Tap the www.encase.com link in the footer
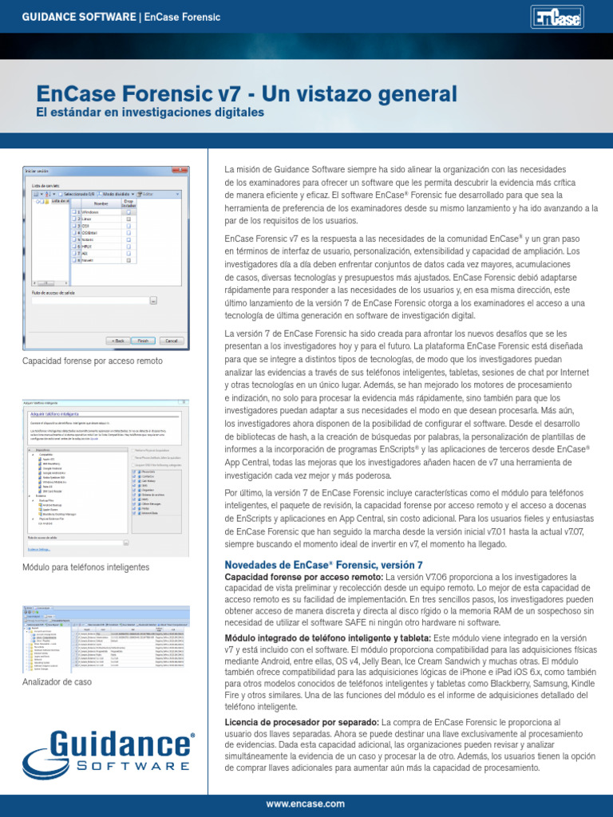point(306,803)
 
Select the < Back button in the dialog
point(117,341)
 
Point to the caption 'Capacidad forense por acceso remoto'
point(93,361)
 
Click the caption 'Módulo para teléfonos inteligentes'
point(86,567)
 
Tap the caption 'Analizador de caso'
point(57,682)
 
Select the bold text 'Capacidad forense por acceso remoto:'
point(304,577)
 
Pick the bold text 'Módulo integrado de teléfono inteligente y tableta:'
point(327,639)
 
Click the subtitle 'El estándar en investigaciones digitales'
point(150,113)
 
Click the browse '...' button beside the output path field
point(153,301)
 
